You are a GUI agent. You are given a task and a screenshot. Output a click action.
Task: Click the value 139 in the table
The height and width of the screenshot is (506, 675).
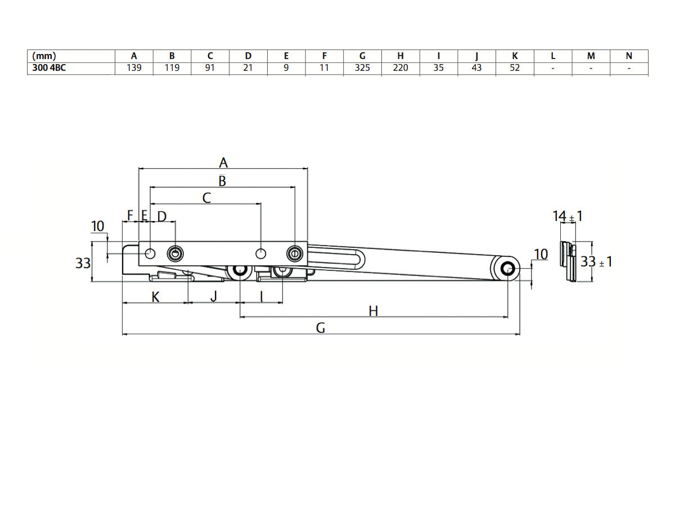pos(134,68)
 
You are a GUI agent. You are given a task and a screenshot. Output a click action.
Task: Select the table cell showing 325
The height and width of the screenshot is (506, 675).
pos(362,68)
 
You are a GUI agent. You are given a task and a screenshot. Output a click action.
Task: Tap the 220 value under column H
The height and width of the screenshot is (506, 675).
pos(400,68)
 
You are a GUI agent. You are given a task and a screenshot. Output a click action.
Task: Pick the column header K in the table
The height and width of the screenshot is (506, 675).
pos(515,56)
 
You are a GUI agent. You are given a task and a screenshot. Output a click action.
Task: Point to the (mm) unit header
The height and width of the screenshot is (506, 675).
pos(44,56)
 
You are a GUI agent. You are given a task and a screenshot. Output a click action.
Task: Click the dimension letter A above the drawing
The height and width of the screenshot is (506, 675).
pos(223,163)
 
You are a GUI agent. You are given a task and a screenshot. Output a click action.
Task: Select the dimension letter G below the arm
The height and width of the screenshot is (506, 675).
pos(321,328)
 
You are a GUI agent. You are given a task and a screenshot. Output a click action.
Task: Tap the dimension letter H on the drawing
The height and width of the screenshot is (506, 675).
pos(373,311)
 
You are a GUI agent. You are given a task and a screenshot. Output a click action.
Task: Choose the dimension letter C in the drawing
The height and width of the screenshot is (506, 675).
pos(206,198)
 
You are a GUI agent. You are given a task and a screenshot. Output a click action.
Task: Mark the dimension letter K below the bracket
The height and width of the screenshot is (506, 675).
pos(156,297)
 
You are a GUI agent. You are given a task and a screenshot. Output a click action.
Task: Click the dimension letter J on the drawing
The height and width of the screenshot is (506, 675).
pos(213,296)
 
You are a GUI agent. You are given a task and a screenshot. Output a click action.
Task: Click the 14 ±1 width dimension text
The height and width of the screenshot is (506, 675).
pos(566,216)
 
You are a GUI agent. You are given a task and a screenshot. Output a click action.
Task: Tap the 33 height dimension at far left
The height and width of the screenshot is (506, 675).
pos(83,263)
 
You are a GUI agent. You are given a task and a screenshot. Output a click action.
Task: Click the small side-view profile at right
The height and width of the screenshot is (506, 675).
pos(569,262)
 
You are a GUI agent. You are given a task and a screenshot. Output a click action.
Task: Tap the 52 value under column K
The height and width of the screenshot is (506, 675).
pos(515,68)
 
